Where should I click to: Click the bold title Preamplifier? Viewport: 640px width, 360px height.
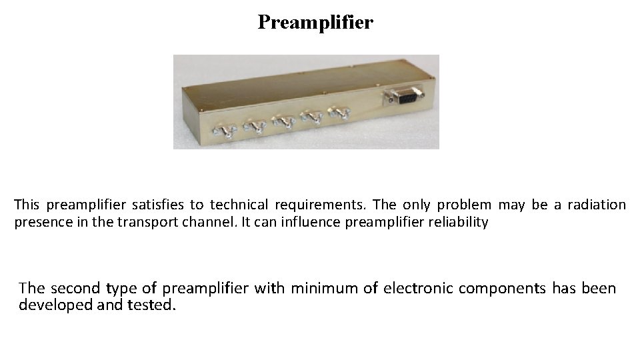coord(315,23)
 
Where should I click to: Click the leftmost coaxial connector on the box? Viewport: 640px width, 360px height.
coord(225,131)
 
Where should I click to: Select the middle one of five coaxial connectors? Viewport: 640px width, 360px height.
coord(284,121)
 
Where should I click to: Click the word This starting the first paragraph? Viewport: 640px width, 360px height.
coord(27,205)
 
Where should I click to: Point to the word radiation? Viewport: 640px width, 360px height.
coord(597,205)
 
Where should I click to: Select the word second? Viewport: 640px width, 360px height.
coord(77,289)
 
